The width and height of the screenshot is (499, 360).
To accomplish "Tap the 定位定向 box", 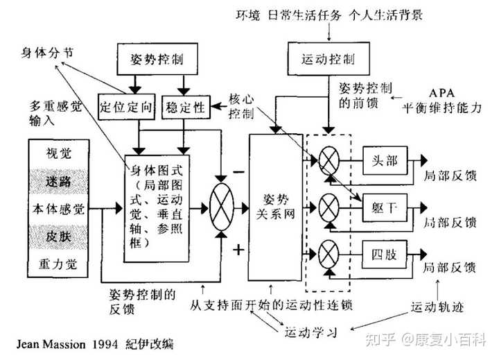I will coord(124,108).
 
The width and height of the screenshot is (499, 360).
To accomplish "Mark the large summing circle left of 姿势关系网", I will coord(222,207).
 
